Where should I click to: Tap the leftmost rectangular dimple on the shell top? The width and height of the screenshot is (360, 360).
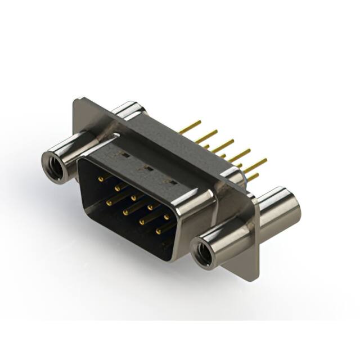[125, 154]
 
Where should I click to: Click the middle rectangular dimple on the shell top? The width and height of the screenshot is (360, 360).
[148, 168]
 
